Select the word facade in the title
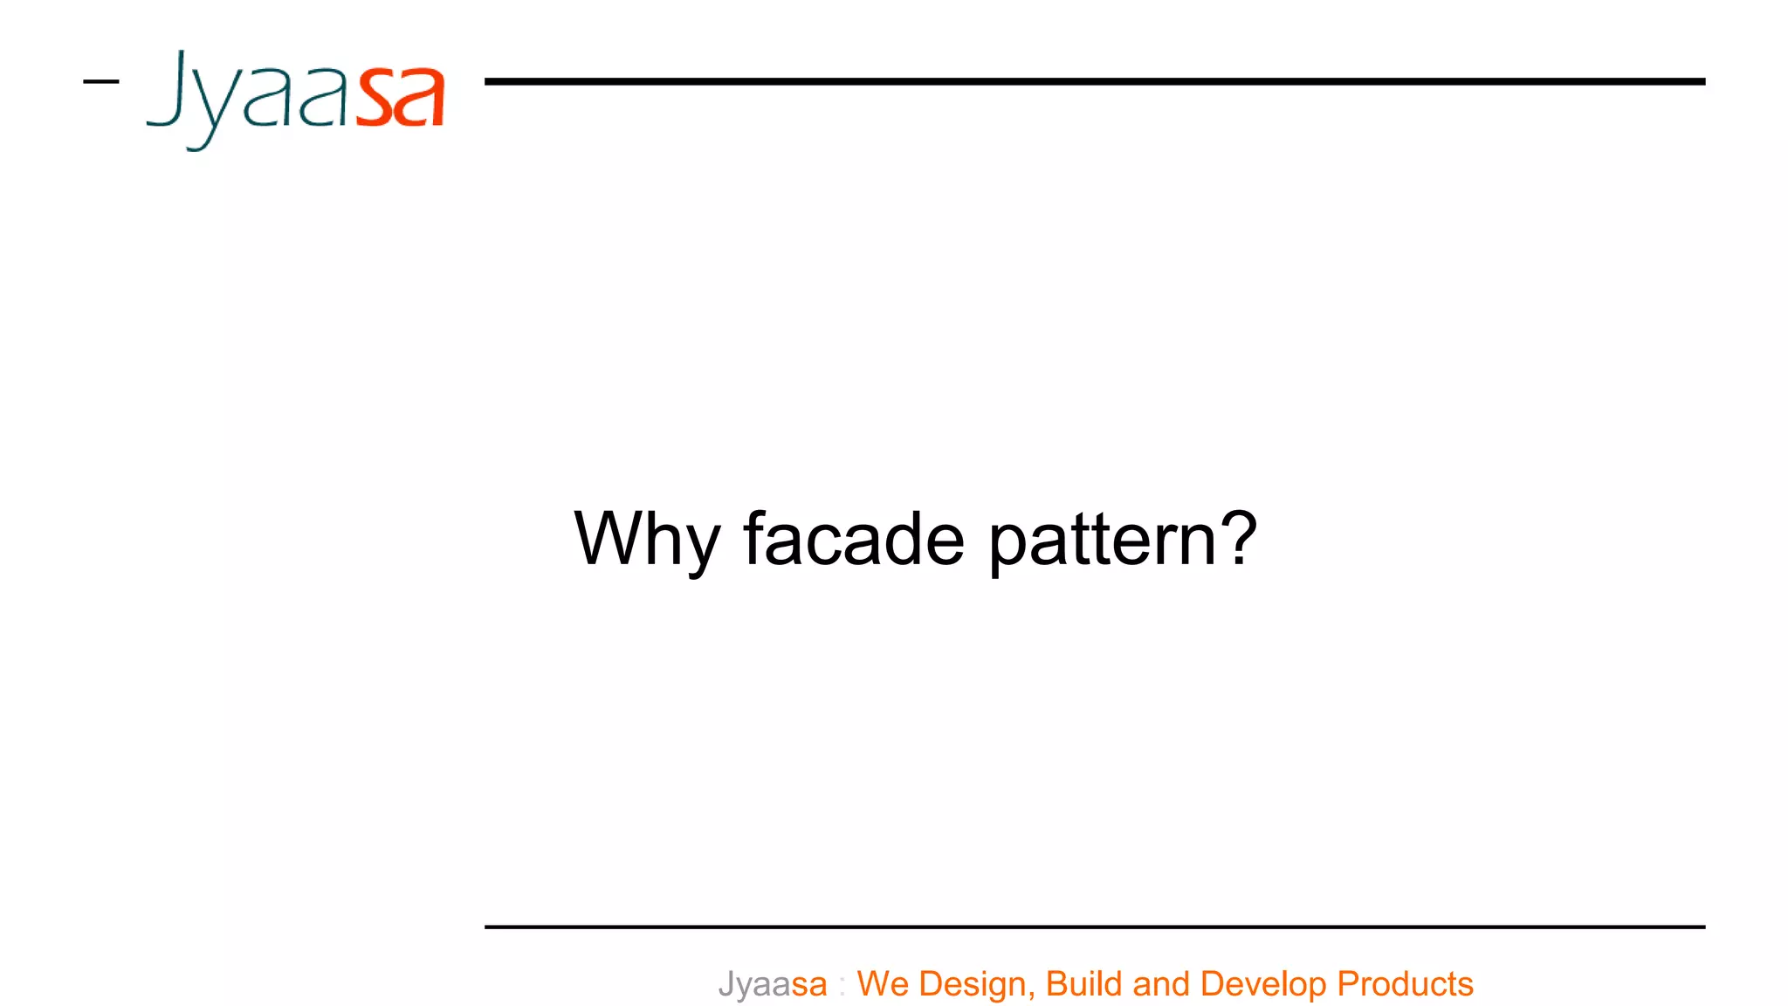854,539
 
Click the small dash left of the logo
100,82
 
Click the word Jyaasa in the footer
773,984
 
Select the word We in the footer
883,983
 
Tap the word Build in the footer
1083,983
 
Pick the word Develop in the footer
1263,984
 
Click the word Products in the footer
1405,983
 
